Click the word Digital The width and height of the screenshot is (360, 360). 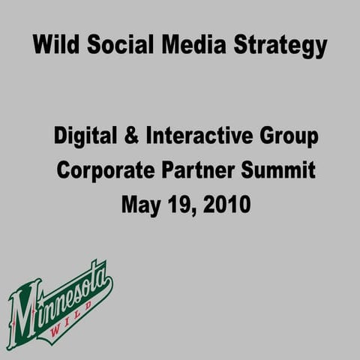click(84, 138)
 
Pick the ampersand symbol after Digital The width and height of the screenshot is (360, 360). click(130, 138)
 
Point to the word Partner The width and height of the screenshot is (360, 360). click(196, 171)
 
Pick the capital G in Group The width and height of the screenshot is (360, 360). click(264, 138)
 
